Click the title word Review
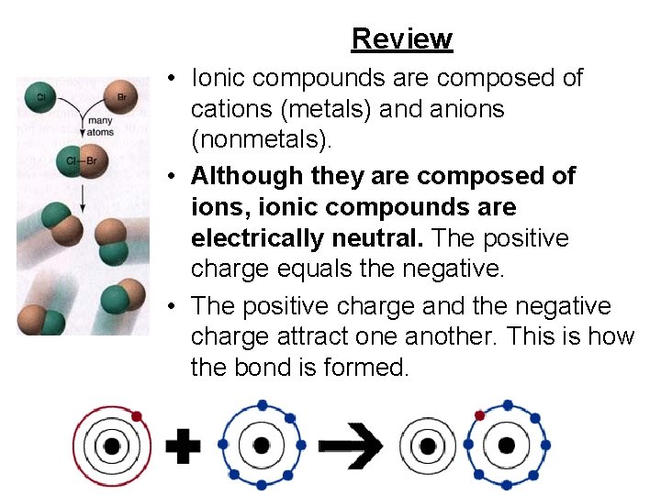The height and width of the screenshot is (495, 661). tap(402, 38)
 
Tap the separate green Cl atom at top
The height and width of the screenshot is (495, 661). tap(41, 95)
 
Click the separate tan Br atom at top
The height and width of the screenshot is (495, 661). tap(121, 95)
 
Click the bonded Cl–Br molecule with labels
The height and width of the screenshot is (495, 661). tap(81, 162)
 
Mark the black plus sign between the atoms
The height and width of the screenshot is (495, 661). tap(184, 446)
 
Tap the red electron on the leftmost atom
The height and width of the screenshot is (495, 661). tap(137, 417)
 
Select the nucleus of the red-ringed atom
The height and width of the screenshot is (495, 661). tap(112, 446)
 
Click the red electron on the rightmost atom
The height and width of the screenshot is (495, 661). tap(479, 415)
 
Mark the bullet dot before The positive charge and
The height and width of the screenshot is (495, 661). tap(173, 306)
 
